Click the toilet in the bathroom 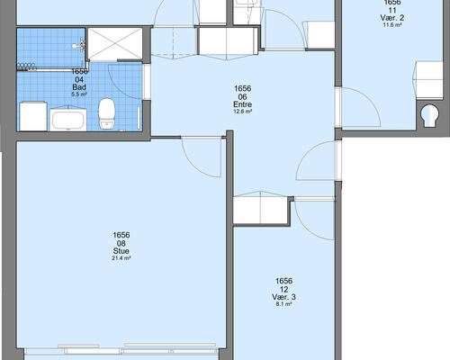pyautogui.click(x=107, y=114)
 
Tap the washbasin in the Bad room pyautogui.click(x=68, y=120)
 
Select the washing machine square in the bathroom pyautogui.click(x=33, y=116)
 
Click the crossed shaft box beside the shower pyautogui.click(x=114, y=44)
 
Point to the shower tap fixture pyautogui.click(x=78, y=45)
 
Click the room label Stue pyautogui.click(x=121, y=251)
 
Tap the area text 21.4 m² pyautogui.click(x=121, y=258)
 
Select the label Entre pyautogui.click(x=242, y=104)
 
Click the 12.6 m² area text pyautogui.click(x=242, y=112)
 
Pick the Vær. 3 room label pyautogui.click(x=283, y=297)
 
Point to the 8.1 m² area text pyautogui.click(x=283, y=304)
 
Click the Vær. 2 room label pyautogui.click(x=392, y=18)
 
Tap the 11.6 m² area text pyautogui.click(x=392, y=25)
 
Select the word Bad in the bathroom pyautogui.click(x=79, y=87)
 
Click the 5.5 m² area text pyautogui.click(x=79, y=94)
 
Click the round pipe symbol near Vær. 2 pyautogui.click(x=430, y=115)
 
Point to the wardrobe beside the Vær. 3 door pyautogui.click(x=260, y=208)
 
